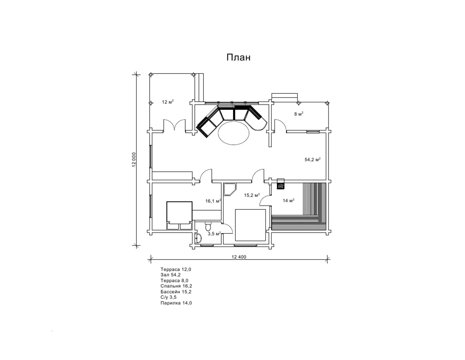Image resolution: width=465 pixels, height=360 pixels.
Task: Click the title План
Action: [238, 57]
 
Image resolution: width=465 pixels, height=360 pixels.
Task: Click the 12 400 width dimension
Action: [239, 257]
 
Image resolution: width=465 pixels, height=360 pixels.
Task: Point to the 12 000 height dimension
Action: [134, 160]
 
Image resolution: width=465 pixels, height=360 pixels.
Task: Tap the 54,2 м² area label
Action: [312, 159]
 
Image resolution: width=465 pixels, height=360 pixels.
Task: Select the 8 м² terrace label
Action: [299, 114]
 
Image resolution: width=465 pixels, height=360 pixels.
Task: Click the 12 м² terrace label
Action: [168, 102]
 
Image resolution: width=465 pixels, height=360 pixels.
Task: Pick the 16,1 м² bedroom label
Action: [213, 201]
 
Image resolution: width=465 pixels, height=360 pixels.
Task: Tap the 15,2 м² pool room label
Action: [252, 195]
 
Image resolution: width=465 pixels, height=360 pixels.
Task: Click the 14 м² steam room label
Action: [288, 200]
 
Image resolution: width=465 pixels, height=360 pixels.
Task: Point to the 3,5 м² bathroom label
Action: [214, 234]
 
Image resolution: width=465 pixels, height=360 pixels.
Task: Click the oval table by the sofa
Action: [233, 133]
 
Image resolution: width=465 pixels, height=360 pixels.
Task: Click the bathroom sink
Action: [198, 238]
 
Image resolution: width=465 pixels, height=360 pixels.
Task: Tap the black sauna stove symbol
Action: [280, 186]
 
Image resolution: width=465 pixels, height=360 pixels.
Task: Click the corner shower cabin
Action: [230, 189]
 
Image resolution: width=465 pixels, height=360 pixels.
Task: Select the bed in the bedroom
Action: [179, 215]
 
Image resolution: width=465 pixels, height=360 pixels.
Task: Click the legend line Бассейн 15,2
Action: [176, 292]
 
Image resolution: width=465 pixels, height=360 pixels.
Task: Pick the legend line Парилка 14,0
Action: [176, 303]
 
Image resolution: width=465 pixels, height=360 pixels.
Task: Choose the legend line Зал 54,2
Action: [171, 275]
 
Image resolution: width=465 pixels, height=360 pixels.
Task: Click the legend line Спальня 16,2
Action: [176, 286]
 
